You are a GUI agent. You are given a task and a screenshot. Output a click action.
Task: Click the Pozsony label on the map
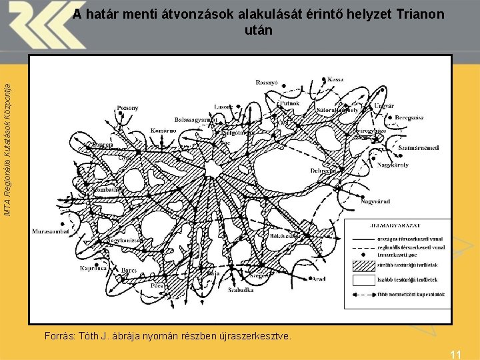point(127,107)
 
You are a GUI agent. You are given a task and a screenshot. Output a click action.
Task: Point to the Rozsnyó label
point(268,83)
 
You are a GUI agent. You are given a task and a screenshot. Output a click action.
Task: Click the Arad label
point(318,279)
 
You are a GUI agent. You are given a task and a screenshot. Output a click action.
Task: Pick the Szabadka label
point(241,290)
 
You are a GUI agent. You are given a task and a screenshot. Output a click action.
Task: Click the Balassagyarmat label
point(197,119)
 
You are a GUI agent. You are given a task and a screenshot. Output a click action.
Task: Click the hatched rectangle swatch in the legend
point(363,265)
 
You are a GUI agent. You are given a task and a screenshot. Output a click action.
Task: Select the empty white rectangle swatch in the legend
point(363,280)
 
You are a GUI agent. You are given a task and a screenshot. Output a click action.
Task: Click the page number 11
point(456,355)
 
